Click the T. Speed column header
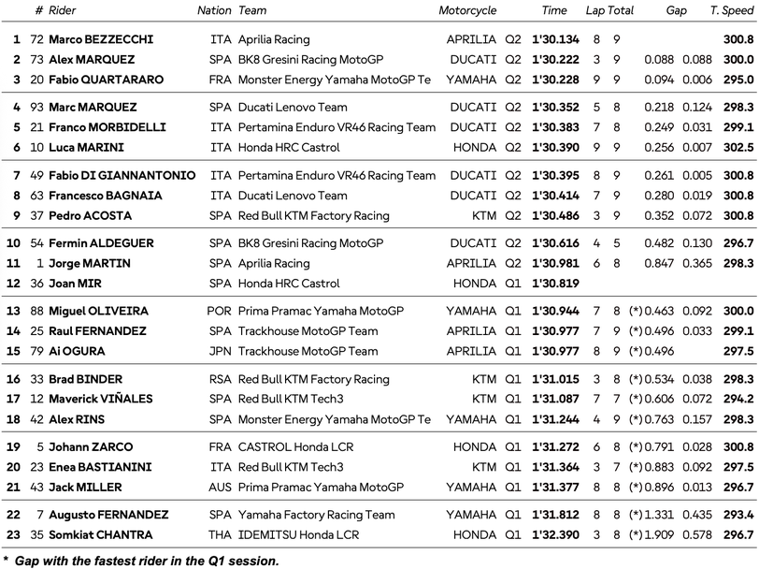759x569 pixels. pos(732,10)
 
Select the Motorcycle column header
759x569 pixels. pos(467,10)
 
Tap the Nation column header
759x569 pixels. pos(214,10)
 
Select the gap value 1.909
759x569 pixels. pos(659,534)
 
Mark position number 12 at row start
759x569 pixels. pos(13,283)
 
